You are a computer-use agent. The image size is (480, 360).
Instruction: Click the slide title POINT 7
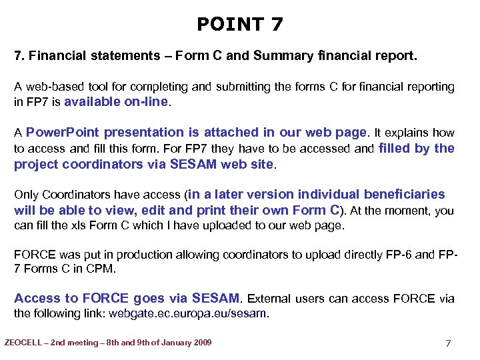point(240,25)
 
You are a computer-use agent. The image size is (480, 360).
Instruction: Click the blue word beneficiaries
point(404,195)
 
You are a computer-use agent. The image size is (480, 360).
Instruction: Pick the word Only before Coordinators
point(27,195)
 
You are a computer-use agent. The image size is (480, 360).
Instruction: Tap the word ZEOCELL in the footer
point(26,343)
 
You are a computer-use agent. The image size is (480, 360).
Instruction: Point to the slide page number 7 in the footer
point(448,343)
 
